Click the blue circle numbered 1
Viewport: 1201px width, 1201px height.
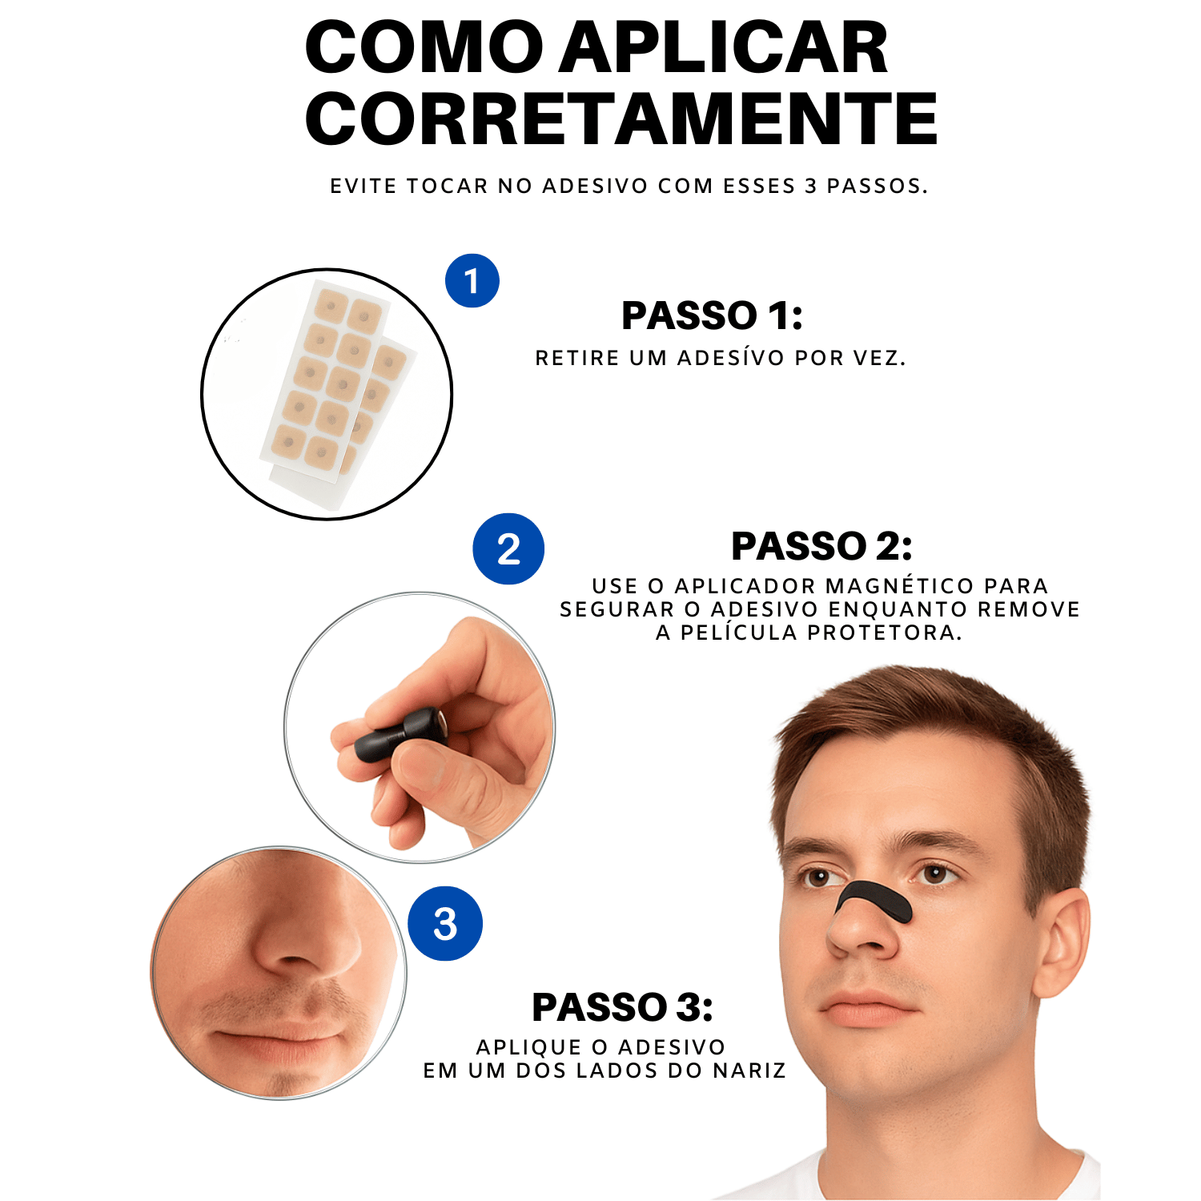pos(472,281)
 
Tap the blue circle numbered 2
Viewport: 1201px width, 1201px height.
pos(508,549)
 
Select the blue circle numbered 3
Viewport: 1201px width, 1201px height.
pos(445,923)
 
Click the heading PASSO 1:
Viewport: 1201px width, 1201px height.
pos(712,315)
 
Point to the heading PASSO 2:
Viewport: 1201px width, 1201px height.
pos(821,547)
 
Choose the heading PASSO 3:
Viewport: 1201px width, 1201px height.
pos(622,1007)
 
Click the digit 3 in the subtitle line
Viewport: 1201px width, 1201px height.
pos(810,187)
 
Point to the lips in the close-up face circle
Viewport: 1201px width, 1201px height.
pos(276,1041)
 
